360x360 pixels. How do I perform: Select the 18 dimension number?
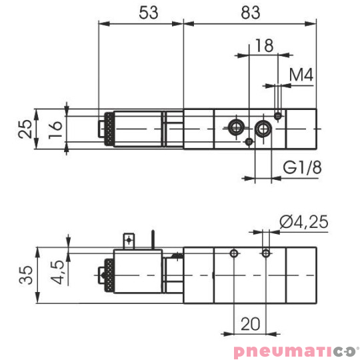tap(264, 45)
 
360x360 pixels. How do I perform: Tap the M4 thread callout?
tap(301, 75)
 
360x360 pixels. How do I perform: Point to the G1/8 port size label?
tap(302, 168)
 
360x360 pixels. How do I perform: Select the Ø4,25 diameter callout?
tap(303, 222)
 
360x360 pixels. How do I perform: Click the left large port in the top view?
tap(235, 127)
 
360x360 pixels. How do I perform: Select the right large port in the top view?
tap(264, 127)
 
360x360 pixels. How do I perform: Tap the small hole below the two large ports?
tap(249, 141)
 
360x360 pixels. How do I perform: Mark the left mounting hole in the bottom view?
tap(233, 253)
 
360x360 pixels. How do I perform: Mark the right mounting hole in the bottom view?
tap(267, 253)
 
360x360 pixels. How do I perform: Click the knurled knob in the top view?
tap(104, 128)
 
